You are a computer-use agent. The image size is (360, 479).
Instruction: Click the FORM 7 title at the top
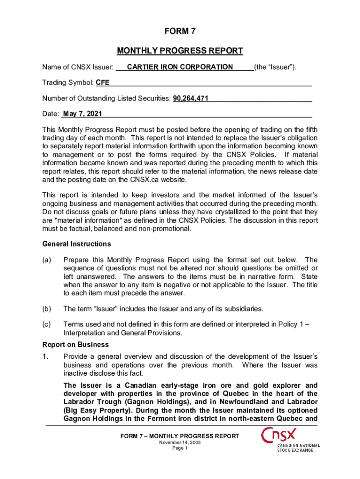[180, 32]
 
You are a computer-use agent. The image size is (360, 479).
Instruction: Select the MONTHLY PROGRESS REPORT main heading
[180, 51]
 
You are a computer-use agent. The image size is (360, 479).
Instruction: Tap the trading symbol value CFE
[103, 83]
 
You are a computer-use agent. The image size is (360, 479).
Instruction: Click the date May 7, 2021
[82, 114]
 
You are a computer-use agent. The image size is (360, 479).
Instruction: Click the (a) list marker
[47, 260]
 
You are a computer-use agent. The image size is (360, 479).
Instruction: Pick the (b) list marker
[47, 309]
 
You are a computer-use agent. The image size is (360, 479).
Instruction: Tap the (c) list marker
[47, 324]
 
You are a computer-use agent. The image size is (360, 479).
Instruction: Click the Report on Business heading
[69, 345]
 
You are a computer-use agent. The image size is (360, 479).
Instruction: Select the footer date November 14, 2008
[180, 442]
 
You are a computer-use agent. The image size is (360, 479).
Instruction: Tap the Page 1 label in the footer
[180, 448]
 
